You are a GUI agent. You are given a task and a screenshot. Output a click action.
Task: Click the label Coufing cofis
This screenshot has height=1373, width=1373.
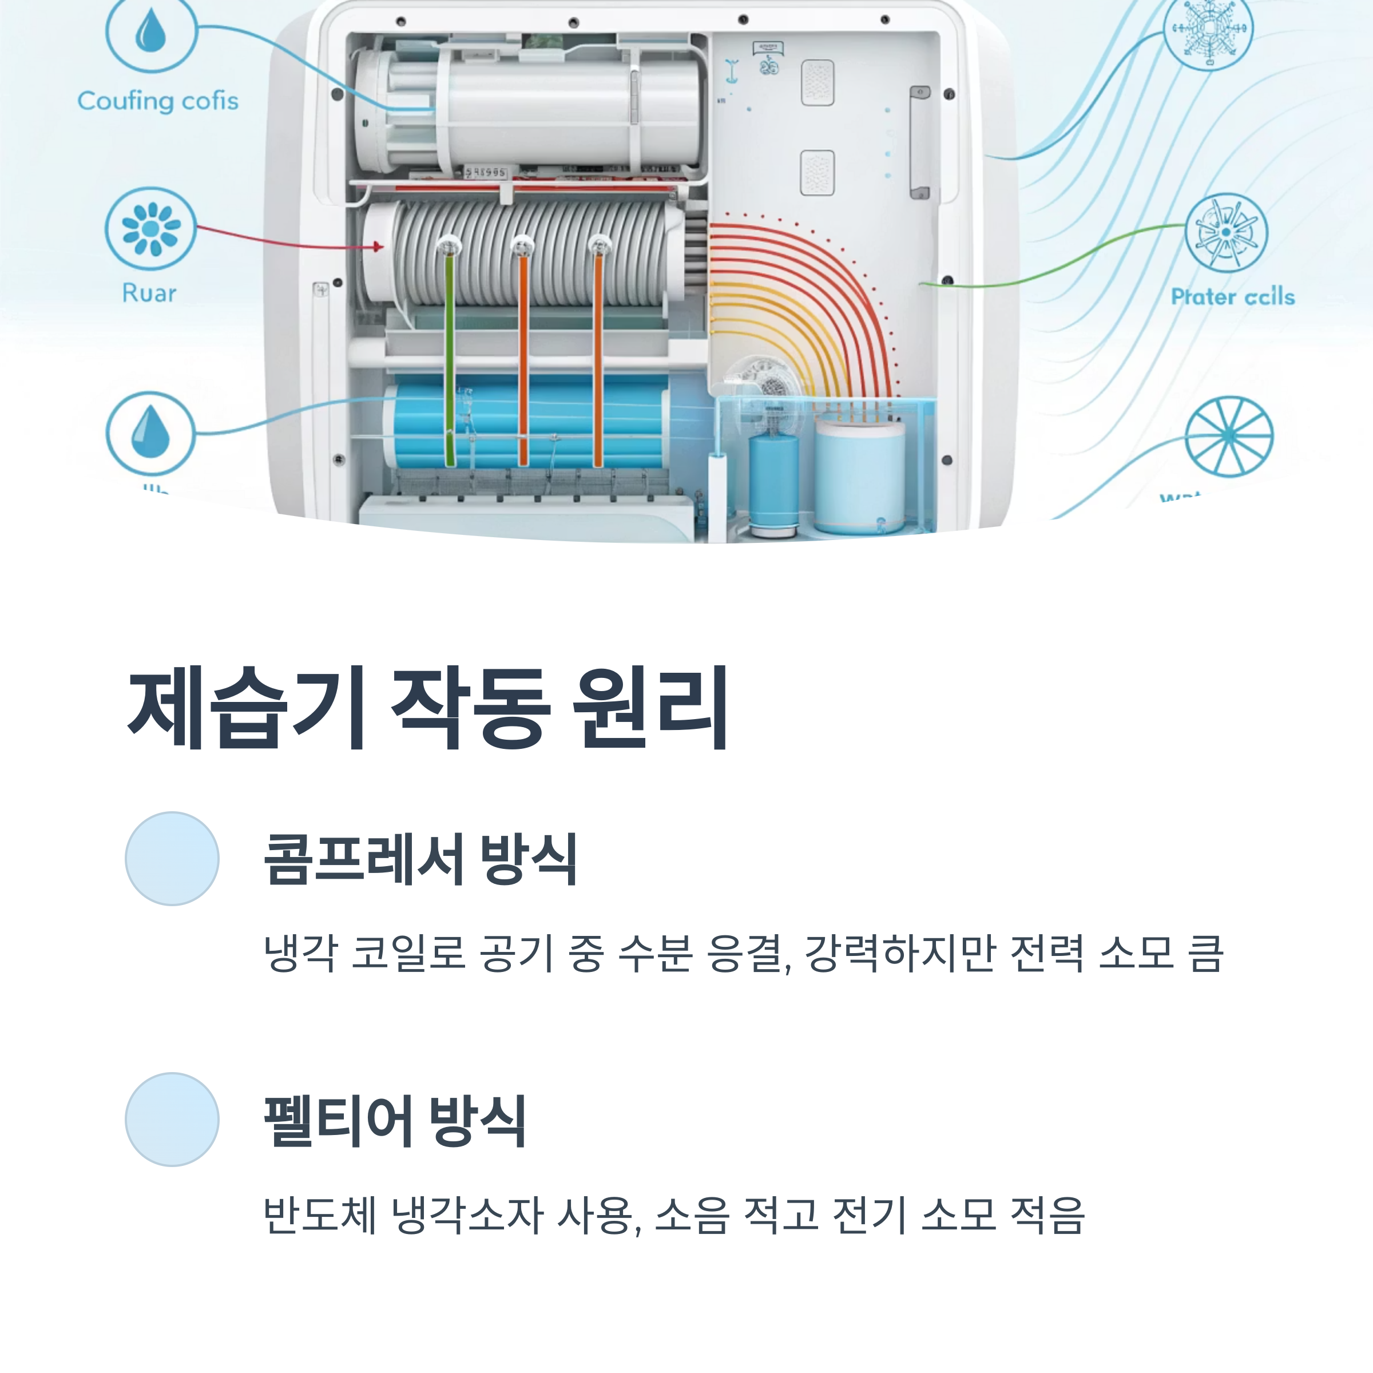[158, 101]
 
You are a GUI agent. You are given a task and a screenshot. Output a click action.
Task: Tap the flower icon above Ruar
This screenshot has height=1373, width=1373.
[150, 229]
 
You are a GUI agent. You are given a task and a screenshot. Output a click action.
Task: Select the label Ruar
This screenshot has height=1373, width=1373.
[149, 293]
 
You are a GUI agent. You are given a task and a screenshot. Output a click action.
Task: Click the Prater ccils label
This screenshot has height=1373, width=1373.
[1232, 296]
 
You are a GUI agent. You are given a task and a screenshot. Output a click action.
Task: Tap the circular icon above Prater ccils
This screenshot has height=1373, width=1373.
[1227, 233]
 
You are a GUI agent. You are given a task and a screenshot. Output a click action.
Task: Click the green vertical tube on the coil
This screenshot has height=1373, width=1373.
[449, 355]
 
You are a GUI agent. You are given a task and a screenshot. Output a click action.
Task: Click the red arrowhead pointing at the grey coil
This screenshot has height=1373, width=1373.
[378, 247]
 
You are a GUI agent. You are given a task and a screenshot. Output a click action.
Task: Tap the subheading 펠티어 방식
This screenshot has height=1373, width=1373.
[395, 1121]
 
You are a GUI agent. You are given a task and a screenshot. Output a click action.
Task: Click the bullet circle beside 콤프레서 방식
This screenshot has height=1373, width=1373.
[172, 859]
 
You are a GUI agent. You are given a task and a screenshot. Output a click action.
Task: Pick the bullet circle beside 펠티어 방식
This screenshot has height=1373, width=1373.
[172, 1120]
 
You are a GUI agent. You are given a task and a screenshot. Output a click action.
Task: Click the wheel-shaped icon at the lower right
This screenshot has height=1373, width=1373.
[1229, 436]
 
